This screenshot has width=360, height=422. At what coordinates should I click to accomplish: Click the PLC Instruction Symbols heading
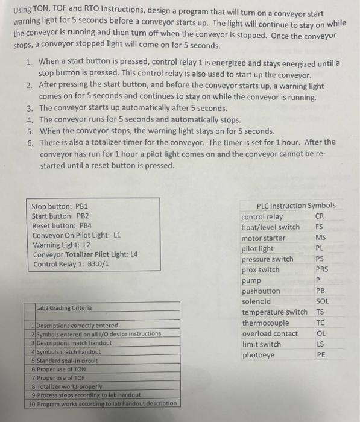click(296, 206)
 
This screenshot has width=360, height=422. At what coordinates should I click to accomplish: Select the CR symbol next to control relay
click(319, 216)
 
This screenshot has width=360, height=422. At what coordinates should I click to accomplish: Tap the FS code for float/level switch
click(319, 227)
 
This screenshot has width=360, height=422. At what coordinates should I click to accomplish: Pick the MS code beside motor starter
click(320, 238)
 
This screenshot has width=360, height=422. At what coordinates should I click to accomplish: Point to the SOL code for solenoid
click(322, 301)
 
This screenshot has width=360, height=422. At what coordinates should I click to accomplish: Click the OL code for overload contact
click(321, 333)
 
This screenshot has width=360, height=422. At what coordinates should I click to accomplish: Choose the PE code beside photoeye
click(321, 355)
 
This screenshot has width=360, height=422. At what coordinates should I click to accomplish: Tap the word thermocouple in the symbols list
click(265, 323)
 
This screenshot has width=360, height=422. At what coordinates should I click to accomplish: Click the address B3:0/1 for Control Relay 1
click(98, 264)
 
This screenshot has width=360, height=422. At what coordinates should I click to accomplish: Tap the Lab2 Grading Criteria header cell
click(64, 307)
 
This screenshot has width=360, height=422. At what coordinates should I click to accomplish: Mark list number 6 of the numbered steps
click(30, 142)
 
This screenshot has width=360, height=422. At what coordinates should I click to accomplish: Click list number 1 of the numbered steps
click(30, 63)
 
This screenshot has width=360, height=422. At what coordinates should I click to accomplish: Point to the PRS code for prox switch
click(322, 270)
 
